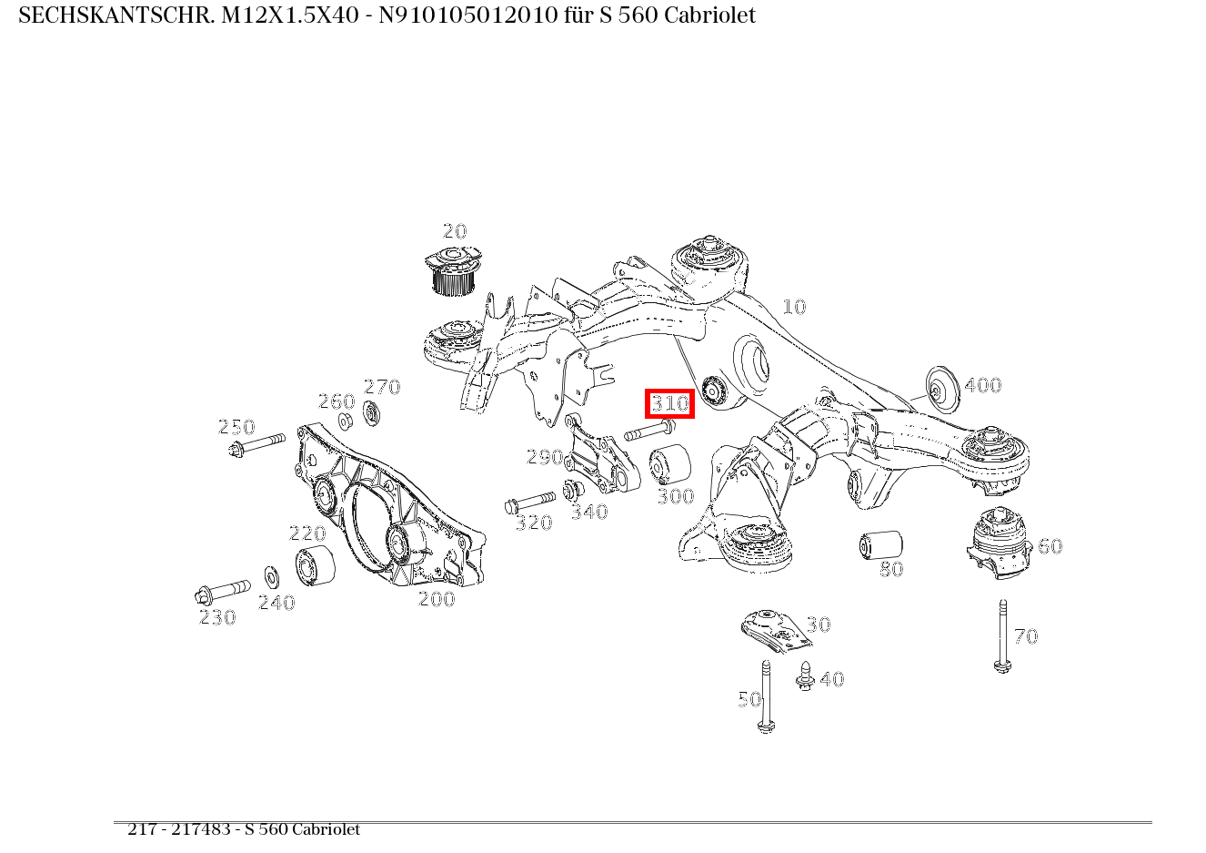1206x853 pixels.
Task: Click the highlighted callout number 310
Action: pos(670,403)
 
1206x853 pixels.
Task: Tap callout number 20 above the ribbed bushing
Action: pos(454,231)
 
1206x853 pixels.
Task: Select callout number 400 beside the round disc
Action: pos(982,385)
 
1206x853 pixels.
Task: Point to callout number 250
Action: pos(236,427)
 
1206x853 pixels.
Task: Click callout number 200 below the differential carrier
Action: pos(436,599)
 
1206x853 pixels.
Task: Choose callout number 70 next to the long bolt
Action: pos(1025,636)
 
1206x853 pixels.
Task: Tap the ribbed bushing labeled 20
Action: pos(453,271)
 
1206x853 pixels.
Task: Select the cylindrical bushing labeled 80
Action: pos(880,544)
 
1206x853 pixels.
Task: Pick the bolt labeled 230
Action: pos(222,591)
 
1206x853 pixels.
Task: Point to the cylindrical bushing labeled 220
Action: pos(315,566)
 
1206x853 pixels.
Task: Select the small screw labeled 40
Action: pos(805,675)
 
